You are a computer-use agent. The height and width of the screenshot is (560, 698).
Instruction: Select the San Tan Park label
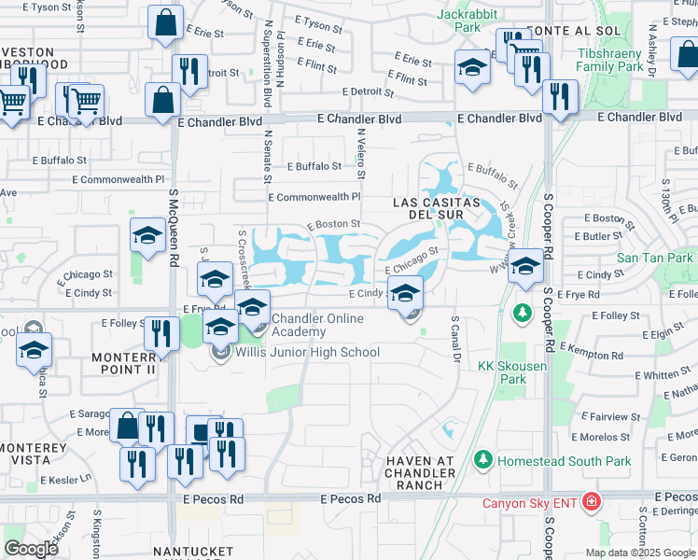tap(654, 258)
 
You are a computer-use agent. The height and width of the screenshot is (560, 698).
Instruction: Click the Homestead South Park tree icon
tap(482, 459)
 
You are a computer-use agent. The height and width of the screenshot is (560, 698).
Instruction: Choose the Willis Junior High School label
tap(307, 352)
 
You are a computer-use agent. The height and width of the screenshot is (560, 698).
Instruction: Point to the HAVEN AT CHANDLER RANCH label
tap(422, 473)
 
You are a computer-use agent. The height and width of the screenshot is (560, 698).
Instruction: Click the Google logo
tap(31, 548)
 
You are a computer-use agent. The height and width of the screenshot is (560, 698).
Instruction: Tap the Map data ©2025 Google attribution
tap(640, 553)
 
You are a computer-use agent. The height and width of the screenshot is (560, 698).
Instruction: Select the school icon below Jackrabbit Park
tap(472, 67)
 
